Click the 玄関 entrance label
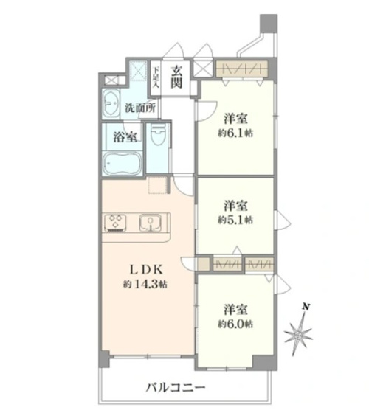[176, 77]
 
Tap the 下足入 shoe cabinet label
[156, 77]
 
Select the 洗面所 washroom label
[140, 108]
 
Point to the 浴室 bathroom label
[125, 137]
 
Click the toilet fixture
[158, 134]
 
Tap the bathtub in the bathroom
[122, 164]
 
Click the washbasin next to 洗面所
[111, 103]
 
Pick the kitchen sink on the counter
[151, 223]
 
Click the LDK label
[146, 269]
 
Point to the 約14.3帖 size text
[145, 284]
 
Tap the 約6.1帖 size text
[235, 133]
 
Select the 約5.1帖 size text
[235, 220]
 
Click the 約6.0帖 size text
[235, 324]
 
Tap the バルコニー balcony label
[176, 387]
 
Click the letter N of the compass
[306, 307]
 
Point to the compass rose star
[299, 336]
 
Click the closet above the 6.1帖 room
[242, 69]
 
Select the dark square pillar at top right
[269, 24]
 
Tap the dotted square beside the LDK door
[157, 185]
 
